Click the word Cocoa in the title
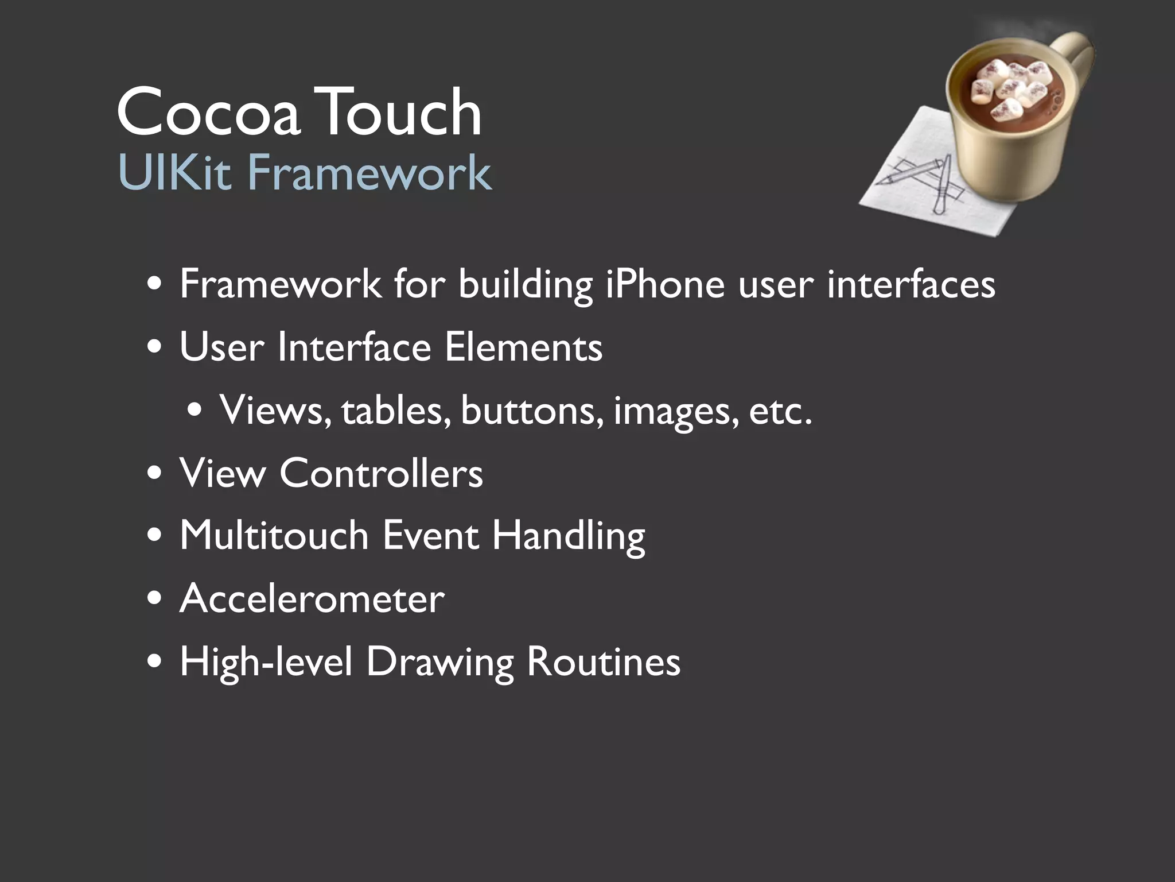click(x=208, y=112)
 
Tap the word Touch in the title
click(x=396, y=112)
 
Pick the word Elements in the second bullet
click(x=523, y=347)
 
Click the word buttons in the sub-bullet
click(x=532, y=411)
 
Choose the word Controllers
click(x=381, y=474)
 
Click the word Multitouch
click(x=274, y=536)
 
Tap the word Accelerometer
click(x=312, y=599)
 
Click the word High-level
click(x=266, y=662)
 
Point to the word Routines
click(x=603, y=662)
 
